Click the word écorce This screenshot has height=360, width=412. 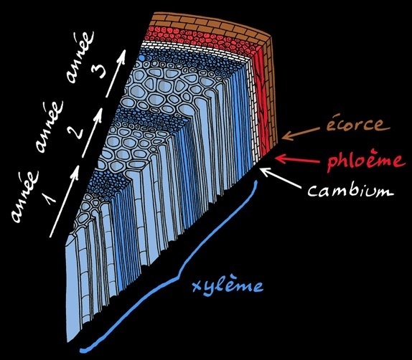358,124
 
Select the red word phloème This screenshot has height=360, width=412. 365,160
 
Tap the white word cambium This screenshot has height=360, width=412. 351,190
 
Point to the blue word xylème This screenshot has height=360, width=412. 228,286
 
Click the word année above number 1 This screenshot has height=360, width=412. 24,197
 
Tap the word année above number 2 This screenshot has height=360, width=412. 50,127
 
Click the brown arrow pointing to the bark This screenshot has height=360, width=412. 301,133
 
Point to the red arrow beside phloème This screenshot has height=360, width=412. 298,160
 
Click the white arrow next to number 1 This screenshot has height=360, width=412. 65,201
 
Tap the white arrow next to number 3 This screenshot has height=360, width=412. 116,73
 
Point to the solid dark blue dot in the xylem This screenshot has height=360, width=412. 141,58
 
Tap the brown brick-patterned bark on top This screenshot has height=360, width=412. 210,24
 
